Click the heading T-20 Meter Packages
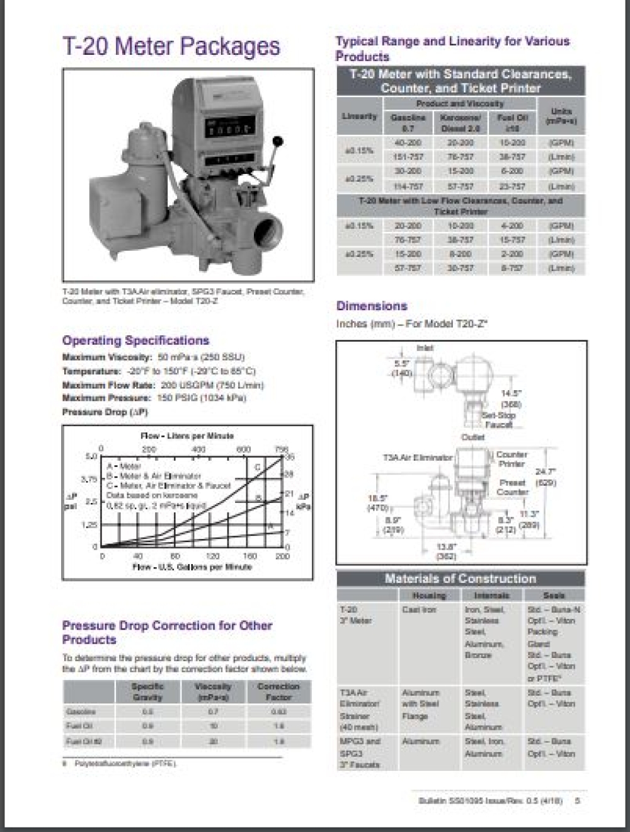[171, 47]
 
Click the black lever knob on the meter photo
[278, 142]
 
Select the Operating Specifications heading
[135, 340]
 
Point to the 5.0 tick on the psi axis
[91, 456]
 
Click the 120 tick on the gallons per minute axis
[213, 557]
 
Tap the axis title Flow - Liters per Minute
[187, 436]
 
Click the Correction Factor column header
[278, 691]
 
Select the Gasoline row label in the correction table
[81, 712]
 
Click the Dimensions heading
[372, 306]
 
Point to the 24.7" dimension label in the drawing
[546, 471]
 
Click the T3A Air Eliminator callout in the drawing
[418, 458]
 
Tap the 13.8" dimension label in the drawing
[446, 546]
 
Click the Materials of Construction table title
[461, 579]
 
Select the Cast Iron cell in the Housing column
[419, 610]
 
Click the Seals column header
[554, 595]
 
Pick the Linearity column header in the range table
[360, 117]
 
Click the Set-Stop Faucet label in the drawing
[498, 420]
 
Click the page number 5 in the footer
[578, 800]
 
